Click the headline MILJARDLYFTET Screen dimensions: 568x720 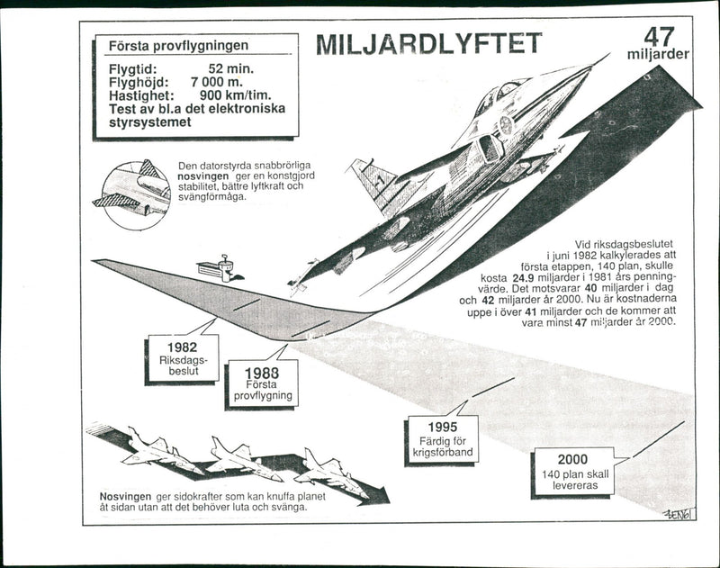(x=429, y=43)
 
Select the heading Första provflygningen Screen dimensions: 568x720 (x=178, y=45)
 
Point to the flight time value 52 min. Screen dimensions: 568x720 (x=230, y=68)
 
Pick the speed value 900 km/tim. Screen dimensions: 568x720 (x=236, y=95)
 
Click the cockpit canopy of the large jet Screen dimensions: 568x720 (x=510, y=90)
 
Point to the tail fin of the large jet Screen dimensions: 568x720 (x=373, y=183)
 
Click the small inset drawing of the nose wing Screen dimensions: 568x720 (x=132, y=194)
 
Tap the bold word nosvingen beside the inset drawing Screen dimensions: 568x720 (x=207, y=177)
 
